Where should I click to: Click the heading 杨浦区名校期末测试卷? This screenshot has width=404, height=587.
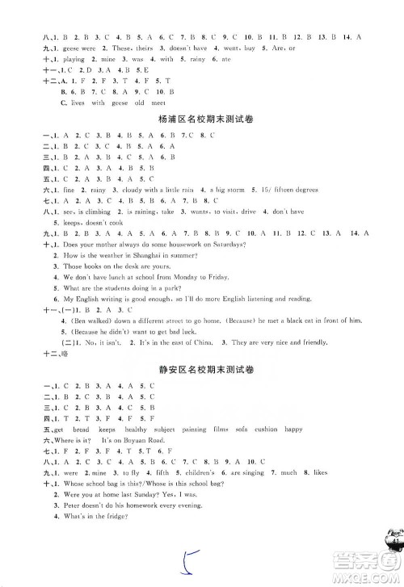coord(202,120)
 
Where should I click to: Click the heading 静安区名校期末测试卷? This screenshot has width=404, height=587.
coord(202,369)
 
